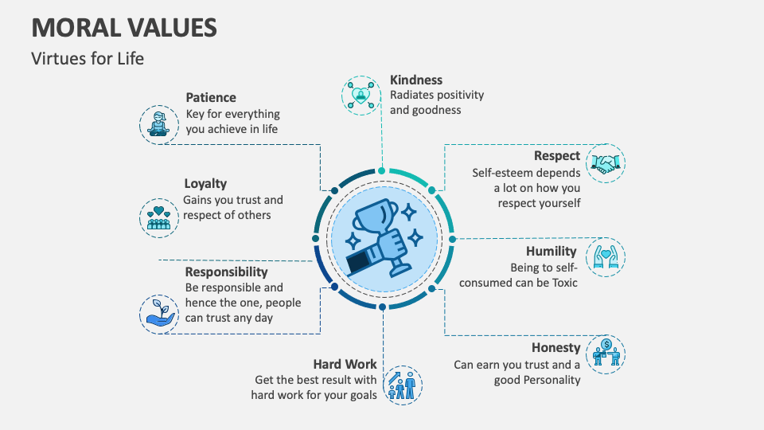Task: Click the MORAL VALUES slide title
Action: [124, 27]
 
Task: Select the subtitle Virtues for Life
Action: [88, 58]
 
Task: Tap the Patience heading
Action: [211, 97]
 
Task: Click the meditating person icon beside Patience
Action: [159, 124]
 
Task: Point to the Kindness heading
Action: [416, 80]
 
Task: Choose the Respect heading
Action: [557, 156]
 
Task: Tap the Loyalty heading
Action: [205, 183]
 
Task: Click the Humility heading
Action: [551, 252]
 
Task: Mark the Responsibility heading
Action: [227, 272]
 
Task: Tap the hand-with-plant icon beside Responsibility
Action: [159, 313]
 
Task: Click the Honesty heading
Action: [556, 348]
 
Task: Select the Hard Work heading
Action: [345, 364]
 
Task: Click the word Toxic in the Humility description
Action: [562, 283]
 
